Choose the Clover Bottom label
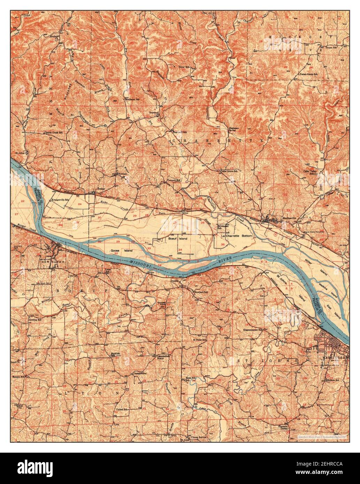click(198, 437)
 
